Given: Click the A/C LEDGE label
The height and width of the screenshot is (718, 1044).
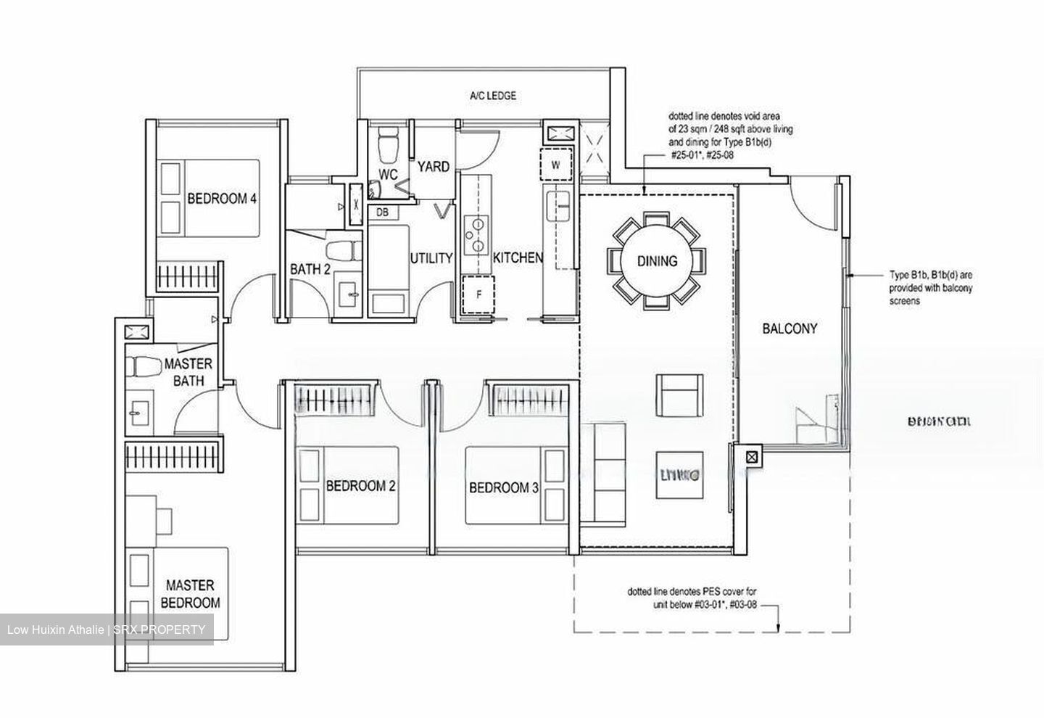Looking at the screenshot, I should click(x=493, y=96).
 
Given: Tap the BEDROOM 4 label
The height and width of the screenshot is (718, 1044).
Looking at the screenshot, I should click(x=222, y=199).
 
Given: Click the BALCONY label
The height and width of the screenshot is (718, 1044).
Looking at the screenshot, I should click(x=790, y=329).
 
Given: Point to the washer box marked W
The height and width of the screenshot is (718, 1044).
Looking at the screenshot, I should click(x=556, y=165).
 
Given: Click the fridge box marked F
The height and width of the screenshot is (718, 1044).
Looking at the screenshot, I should click(x=478, y=295).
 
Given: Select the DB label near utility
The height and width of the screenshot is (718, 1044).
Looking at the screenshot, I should click(x=382, y=212).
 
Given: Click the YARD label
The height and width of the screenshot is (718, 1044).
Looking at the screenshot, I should click(x=433, y=167).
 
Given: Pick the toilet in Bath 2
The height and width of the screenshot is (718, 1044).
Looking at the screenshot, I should click(x=342, y=250).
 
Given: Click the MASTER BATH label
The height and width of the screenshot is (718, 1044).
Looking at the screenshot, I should click(x=188, y=372).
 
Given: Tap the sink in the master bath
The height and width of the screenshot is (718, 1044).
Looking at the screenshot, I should click(x=137, y=412).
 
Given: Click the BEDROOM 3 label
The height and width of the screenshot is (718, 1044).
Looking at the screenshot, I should click(x=503, y=488).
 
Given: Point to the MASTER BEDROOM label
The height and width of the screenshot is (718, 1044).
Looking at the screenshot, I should click(x=190, y=594).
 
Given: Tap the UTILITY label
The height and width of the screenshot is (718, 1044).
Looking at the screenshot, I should click(x=431, y=258).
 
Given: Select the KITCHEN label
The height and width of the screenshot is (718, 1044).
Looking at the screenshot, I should click(x=518, y=258).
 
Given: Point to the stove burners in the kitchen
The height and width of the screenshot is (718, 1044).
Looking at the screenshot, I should click(x=475, y=235).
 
